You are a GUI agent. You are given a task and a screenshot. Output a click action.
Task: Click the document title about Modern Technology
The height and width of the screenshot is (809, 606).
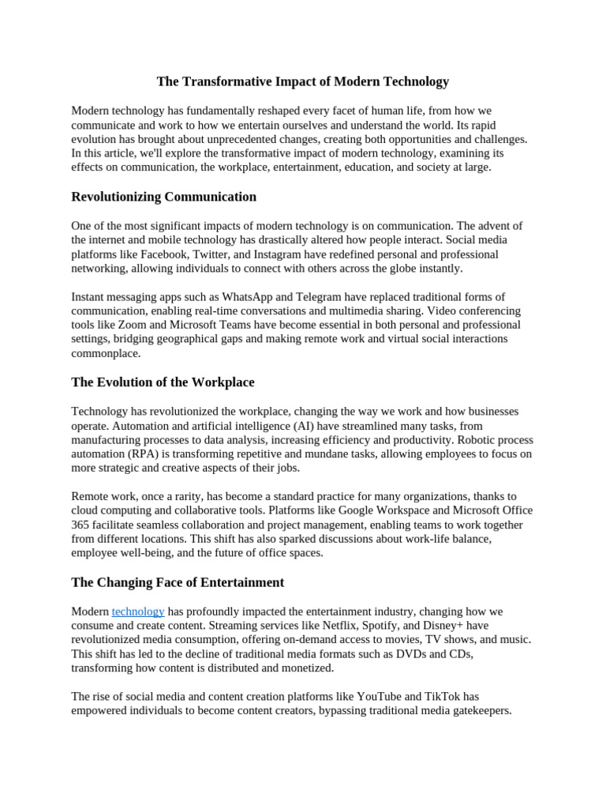(x=302, y=81)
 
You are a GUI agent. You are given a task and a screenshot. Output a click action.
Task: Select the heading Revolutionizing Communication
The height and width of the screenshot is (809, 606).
(x=163, y=197)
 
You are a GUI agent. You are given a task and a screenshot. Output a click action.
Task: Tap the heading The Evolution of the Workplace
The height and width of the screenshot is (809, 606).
(x=163, y=382)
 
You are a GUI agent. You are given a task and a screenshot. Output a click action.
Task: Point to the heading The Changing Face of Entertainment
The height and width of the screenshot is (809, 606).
(x=178, y=582)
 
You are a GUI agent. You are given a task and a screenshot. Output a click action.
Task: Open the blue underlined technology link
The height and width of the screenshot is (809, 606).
(x=138, y=611)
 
